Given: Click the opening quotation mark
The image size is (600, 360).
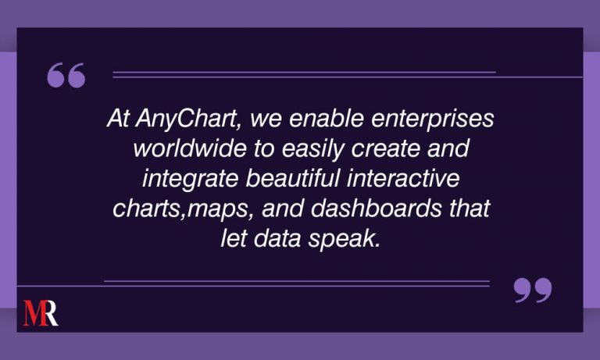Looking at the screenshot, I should tap(66, 77).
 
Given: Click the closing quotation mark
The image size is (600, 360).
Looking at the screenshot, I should tap(533, 290).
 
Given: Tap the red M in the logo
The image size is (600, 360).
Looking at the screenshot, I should tap(33, 312).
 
